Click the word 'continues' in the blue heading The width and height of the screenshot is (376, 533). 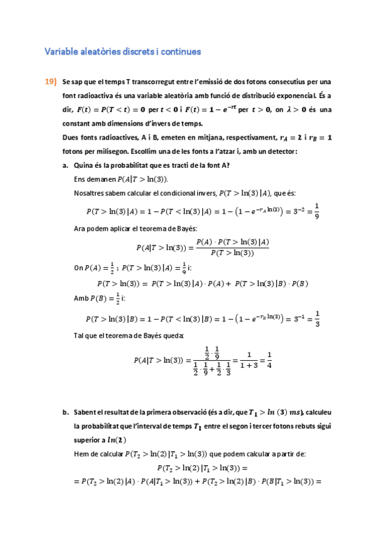181,52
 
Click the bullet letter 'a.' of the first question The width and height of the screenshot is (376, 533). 65,165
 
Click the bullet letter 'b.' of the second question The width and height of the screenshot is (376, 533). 65,412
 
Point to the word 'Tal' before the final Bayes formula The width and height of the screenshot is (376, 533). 78,336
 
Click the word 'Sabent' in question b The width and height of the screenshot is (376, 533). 85,412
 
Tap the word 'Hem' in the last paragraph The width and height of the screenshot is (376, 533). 80,454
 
